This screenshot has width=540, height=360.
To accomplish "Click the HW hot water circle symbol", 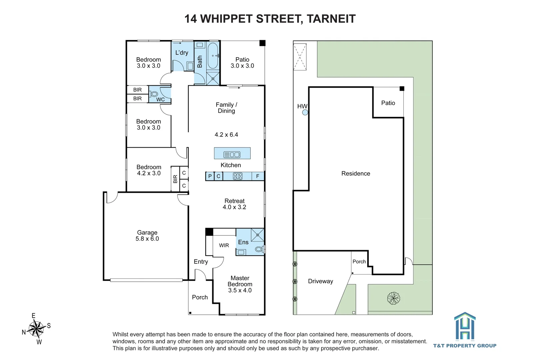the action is point(305,112).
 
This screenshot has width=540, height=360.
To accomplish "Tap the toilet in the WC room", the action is point(153,94).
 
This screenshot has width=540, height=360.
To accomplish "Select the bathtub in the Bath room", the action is point(213,56).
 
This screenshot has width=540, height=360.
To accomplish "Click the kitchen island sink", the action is point(232,154).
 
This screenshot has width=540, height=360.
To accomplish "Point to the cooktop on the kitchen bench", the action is point(237,176).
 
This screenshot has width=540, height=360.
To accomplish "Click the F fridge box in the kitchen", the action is point(258,176).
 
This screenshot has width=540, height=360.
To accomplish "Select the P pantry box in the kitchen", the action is point(210,176).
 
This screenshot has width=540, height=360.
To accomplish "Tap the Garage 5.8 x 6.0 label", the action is point(147,236).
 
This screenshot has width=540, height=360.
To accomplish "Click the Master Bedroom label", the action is point(240,284).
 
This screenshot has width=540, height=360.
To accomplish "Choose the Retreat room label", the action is point(234,204).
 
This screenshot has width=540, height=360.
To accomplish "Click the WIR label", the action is point(224,245).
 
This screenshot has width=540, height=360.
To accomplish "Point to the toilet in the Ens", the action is point(259,249).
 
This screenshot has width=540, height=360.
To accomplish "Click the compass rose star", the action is point(36,329).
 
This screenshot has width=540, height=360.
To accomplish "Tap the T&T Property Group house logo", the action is point(465,326).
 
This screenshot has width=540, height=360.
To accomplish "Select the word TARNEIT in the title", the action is point(331,19).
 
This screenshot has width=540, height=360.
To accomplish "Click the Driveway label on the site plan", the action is point(320,281).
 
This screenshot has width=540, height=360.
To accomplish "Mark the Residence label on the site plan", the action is point(356,173).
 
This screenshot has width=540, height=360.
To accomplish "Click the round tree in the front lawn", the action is point(393,298).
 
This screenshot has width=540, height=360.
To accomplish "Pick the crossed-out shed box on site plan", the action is point(300,57).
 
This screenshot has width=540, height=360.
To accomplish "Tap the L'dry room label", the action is point(182,53).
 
